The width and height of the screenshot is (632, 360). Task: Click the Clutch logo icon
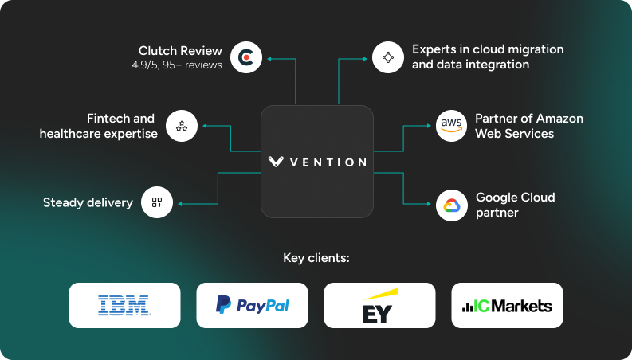point(246,57)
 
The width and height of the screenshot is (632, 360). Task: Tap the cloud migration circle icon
point(388,57)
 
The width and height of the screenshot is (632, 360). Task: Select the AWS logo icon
point(451,126)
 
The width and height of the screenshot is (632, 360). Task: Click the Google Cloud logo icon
point(451,205)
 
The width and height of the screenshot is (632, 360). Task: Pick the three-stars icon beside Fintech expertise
point(182,126)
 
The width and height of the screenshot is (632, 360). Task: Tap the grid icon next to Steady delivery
point(157,202)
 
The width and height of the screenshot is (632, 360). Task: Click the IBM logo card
point(124,305)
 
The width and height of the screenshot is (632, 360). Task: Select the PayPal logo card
point(252,305)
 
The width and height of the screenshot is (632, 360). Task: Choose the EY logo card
point(379,305)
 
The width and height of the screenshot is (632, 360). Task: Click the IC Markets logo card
point(507,305)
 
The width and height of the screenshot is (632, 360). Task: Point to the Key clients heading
point(316,258)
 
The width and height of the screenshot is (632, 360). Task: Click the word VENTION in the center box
point(328,162)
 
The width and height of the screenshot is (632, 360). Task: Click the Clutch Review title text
point(180,50)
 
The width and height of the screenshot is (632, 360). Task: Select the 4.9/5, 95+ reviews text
point(177,65)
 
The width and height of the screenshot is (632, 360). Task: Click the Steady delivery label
point(88,202)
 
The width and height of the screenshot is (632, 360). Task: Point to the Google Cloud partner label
point(515,205)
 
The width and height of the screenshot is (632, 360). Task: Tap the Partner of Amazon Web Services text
point(528,126)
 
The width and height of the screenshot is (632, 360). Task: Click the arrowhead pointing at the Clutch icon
point(269,57)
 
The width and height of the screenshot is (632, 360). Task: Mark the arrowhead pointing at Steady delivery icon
point(180,203)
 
